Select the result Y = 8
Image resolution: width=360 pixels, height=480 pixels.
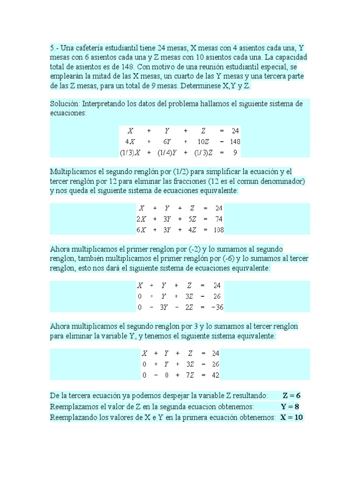(x=290, y=406)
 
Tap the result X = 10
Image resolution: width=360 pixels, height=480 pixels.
(x=292, y=417)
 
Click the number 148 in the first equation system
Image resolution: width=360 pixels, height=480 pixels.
(x=235, y=142)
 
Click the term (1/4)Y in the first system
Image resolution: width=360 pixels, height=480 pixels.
(x=167, y=152)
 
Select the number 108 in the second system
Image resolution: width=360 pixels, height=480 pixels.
(x=218, y=230)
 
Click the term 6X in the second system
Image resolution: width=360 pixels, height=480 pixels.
(x=141, y=230)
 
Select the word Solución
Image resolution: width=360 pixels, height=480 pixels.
(x=66, y=103)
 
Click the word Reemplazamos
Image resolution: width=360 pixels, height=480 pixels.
(x=73, y=406)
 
